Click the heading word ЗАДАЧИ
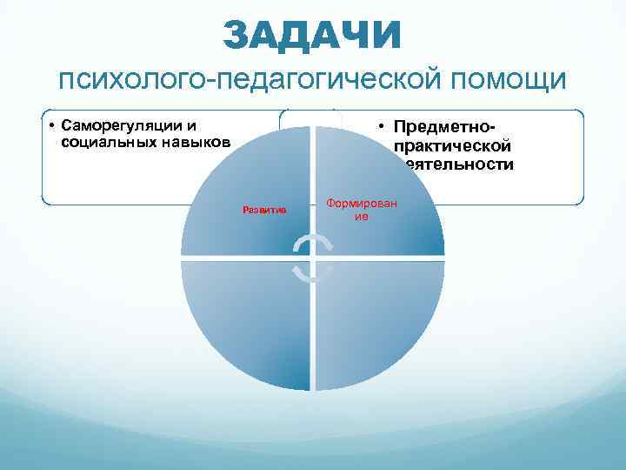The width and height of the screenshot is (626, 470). click(x=312, y=35)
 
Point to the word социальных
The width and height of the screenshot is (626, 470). click(x=102, y=141)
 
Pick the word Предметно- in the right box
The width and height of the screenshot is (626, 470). click(x=445, y=129)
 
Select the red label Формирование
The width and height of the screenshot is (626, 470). click(x=361, y=209)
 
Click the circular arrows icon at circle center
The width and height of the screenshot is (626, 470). click(x=313, y=258)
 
